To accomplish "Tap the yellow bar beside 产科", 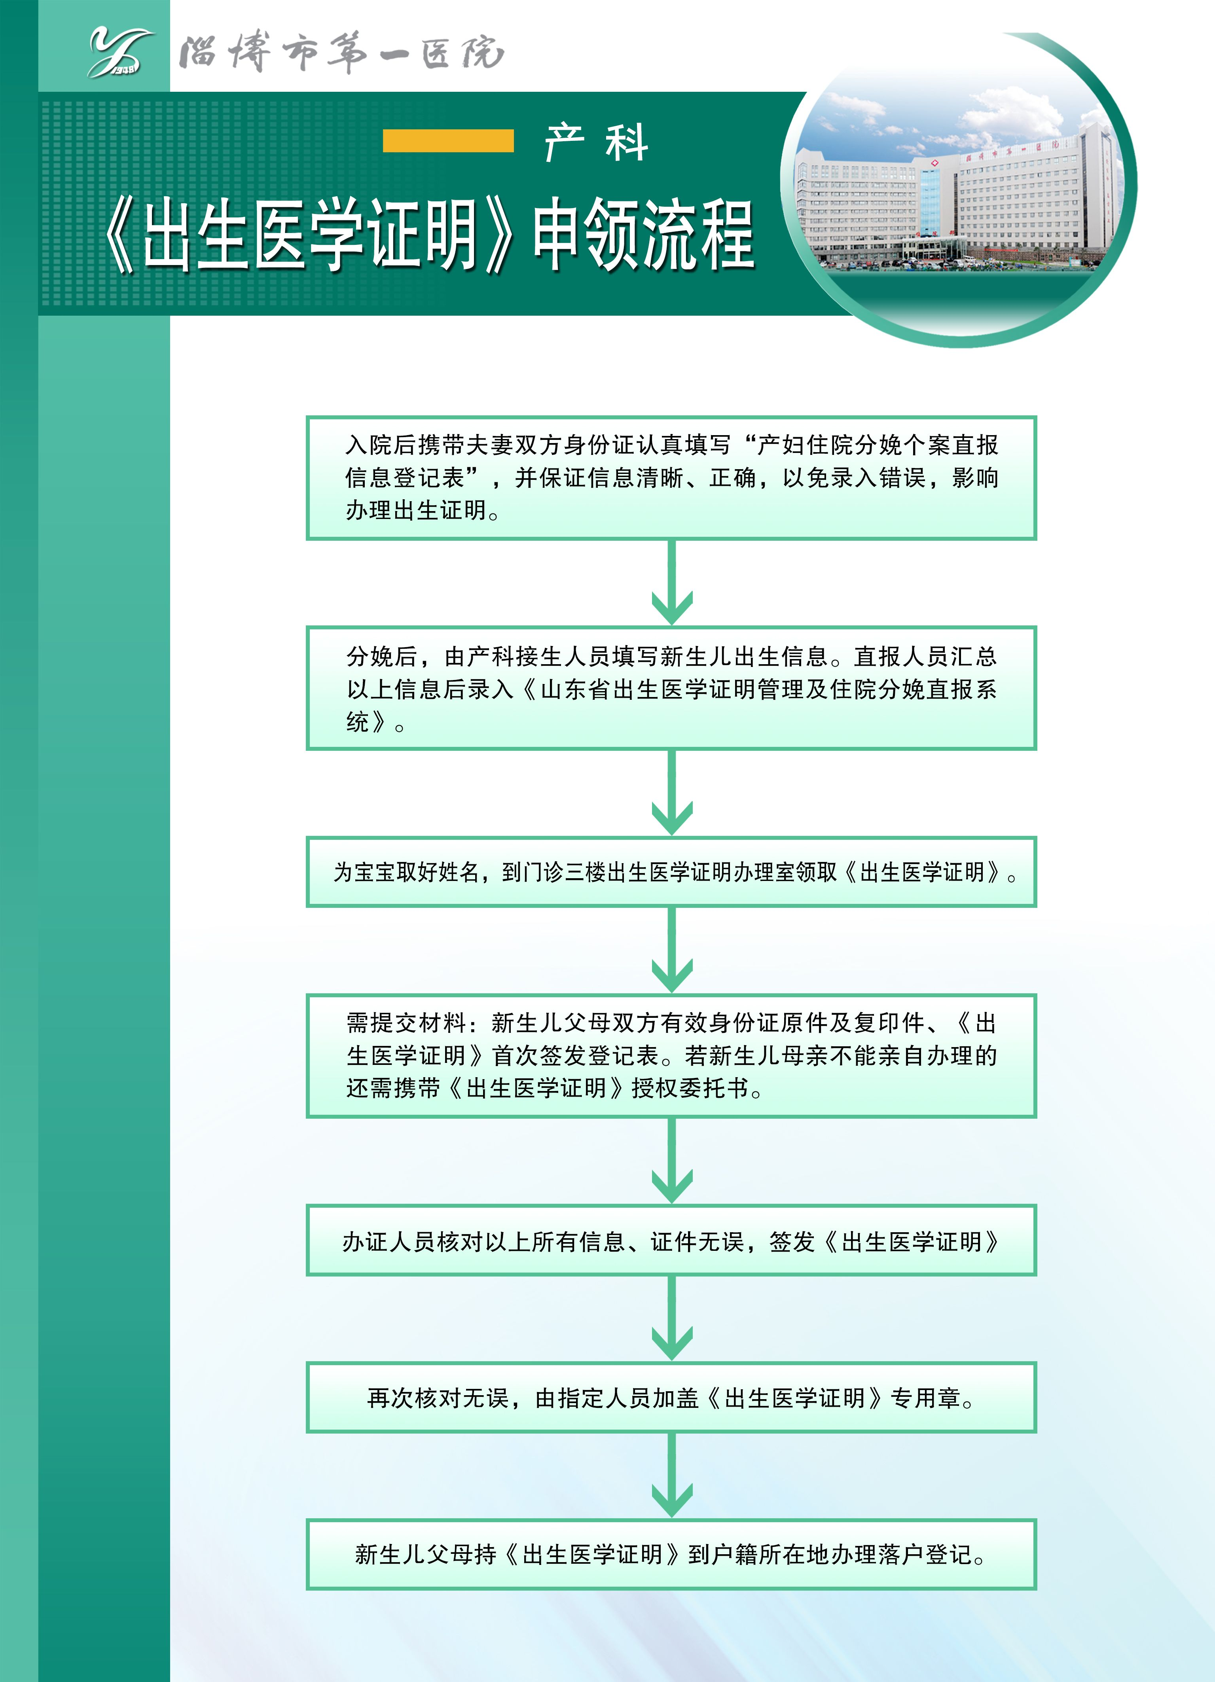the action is pyautogui.click(x=448, y=141).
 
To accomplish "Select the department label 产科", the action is pyautogui.click(x=596, y=142).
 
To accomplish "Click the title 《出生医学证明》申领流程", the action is pyautogui.click(x=428, y=236).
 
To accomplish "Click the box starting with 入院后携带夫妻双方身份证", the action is pyautogui.click(x=671, y=477).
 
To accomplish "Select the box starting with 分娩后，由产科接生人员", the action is pyautogui.click(x=671, y=688).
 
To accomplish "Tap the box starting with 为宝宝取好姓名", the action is pyautogui.click(x=671, y=871).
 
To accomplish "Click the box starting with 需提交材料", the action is pyautogui.click(x=671, y=1055).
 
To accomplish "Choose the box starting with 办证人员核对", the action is pyautogui.click(x=671, y=1240).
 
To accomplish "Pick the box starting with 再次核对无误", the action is pyautogui.click(x=671, y=1397).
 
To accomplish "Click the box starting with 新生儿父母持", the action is pyautogui.click(x=671, y=1555).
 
